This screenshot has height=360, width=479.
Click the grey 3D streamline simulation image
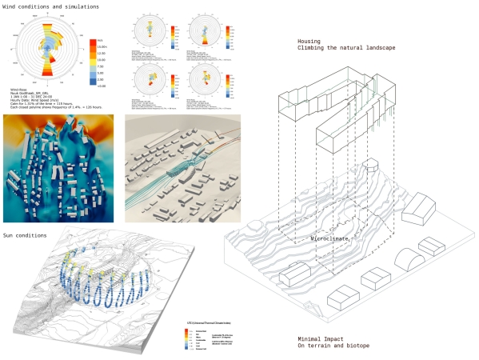point(182,168)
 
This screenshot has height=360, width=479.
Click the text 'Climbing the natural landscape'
point(345,50)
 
